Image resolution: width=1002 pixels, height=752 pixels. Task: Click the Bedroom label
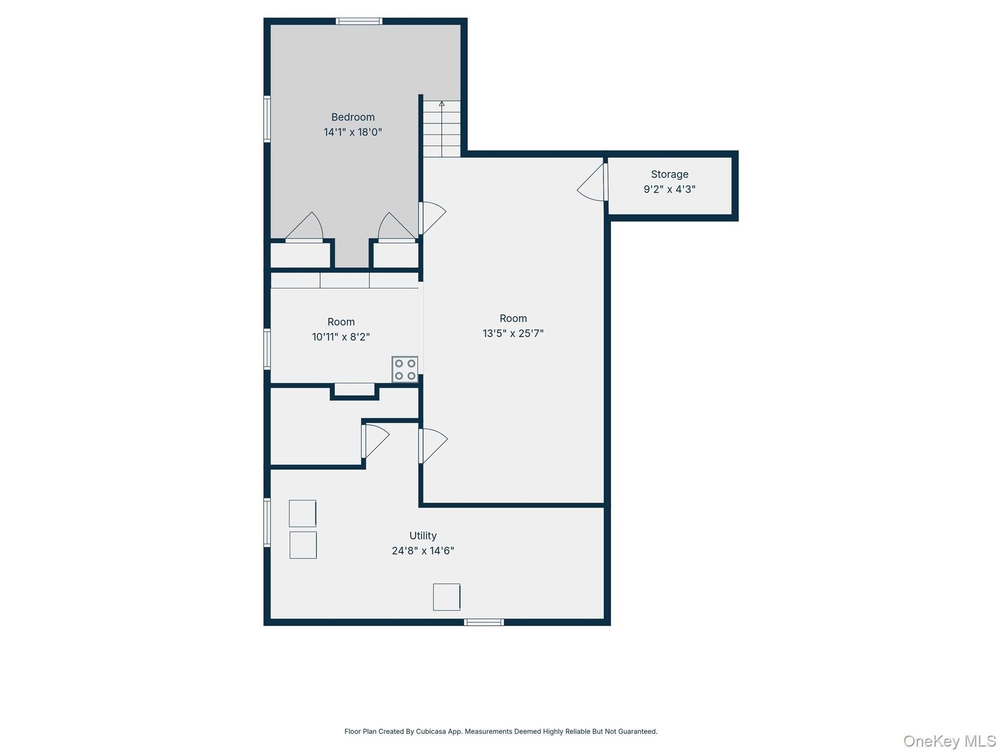pos(353,117)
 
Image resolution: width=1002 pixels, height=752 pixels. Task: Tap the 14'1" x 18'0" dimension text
pos(353,132)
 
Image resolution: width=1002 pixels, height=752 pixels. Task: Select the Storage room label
pos(669,174)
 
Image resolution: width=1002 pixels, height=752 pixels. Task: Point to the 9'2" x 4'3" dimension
pos(669,189)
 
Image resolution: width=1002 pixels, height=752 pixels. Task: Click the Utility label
pos(423,536)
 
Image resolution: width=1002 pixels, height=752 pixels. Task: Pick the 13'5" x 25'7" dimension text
pos(513,333)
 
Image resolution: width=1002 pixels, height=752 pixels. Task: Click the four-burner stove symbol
pos(405,370)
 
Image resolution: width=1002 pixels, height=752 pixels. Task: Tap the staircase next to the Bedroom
pos(442,129)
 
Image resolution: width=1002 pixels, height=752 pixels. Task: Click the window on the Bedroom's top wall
pos(359,21)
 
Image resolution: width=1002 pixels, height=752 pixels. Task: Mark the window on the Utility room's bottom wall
pos(484,622)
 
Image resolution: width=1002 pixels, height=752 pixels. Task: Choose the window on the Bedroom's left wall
pos(267,119)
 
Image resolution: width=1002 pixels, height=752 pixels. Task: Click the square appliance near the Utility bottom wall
pos(447,597)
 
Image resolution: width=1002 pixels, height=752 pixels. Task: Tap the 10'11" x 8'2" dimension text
pos(341,337)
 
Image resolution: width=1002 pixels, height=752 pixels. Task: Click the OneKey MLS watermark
pos(950,741)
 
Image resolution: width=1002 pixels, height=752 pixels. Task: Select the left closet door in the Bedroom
pos(304,227)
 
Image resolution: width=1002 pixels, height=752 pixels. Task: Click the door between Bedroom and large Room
pos(433,218)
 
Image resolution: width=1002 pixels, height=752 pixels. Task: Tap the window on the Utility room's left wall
pos(267,522)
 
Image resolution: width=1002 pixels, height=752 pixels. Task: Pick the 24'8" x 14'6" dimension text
pos(423,551)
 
